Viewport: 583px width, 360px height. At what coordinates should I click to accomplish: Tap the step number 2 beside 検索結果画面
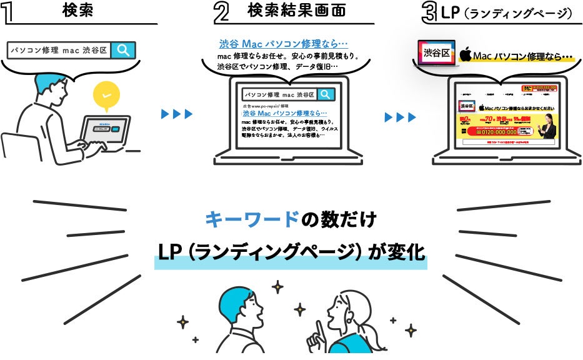[221, 14]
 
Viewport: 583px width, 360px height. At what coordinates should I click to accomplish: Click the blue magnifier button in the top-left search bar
[123, 50]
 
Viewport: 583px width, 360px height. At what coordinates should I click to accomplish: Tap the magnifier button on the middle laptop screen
[326, 94]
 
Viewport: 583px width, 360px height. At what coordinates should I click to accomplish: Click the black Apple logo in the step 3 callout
[465, 55]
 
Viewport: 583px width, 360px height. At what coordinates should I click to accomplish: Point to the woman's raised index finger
[318, 327]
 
